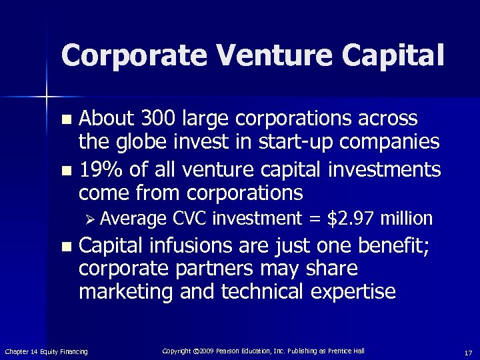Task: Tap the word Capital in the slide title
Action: pos(386,55)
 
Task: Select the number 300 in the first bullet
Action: pos(154,119)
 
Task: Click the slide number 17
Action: pos(469,351)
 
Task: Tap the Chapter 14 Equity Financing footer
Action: pos(46,351)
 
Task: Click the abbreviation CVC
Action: pos(191,218)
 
